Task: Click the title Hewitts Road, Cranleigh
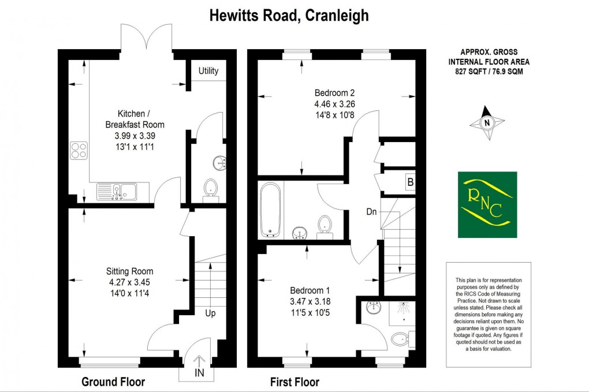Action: point(288,16)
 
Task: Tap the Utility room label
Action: point(208,71)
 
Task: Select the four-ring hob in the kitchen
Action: point(80,150)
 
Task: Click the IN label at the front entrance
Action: point(199,374)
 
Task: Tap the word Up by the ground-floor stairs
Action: point(211,313)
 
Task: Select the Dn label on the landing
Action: point(371,212)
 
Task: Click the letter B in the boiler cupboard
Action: point(411,184)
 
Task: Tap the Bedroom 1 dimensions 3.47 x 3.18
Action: point(311,301)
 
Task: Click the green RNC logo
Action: point(487,204)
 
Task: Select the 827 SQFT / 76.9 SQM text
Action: point(489,72)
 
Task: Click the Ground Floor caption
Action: point(113,382)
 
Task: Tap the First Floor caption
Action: point(294,382)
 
